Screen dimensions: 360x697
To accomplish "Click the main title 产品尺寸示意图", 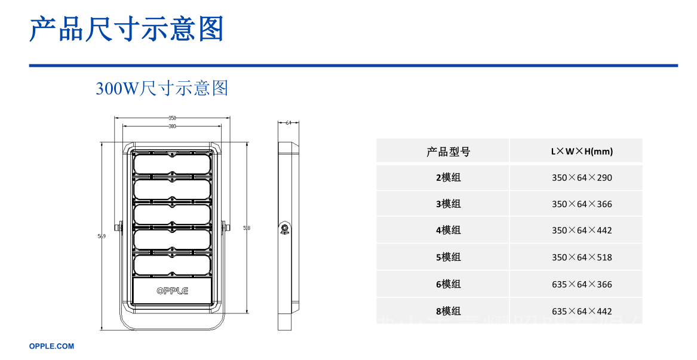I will (127, 29).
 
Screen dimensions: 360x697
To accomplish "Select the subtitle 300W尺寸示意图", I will (162, 89).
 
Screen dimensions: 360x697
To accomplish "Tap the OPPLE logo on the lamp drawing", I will (172, 291).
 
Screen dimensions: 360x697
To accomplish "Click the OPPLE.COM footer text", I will (52, 346).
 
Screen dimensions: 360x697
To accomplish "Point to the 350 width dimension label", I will (172, 118).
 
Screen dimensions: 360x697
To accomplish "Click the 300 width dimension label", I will (172, 127).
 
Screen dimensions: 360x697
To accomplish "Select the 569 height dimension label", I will (102, 236).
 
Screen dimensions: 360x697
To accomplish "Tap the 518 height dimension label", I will (247, 228).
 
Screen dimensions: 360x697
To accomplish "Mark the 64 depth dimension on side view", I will (288, 123).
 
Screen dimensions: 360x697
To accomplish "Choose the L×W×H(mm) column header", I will (582, 152).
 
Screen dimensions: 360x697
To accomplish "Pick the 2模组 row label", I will (448, 178).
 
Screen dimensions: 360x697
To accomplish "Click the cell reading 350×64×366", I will (582, 204).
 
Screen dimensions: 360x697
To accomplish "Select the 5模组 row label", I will (448, 257).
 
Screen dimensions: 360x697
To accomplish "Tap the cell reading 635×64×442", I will (582, 311).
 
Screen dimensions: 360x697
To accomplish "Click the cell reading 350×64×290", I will (582, 178).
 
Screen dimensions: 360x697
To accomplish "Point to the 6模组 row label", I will (448, 284).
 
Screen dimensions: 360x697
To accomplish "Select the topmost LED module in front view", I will (172, 163).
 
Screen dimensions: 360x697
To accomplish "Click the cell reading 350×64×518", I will (582, 257).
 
